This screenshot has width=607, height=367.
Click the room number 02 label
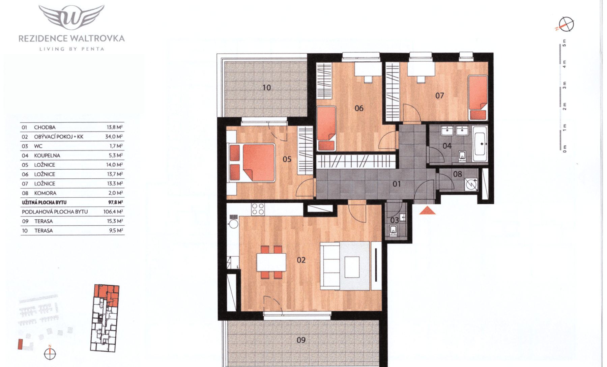[x=301, y=260]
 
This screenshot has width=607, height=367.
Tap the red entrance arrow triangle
[x=427, y=210]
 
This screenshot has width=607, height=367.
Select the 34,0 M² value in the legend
[x=114, y=137]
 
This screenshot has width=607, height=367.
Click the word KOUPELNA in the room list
[x=47, y=156]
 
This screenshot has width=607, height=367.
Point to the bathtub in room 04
[x=480, y=144]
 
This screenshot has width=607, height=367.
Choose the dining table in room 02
[x=271, y=262]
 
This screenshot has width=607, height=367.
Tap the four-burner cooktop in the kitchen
[x=258, y=209]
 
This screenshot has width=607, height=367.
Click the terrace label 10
[x=266, y=88]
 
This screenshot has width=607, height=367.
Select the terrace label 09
[x=301, y=340]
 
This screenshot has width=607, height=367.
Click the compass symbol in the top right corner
[x=567, y=25]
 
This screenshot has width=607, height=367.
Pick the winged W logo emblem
[x=71, y=17]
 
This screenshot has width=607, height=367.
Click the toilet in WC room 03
[x=393, y=230]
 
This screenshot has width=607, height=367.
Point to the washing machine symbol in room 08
[x=471, y=185]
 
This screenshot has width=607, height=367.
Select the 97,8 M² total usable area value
[x=115, y=202]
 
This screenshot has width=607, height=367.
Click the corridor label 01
[x=397, y=184]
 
